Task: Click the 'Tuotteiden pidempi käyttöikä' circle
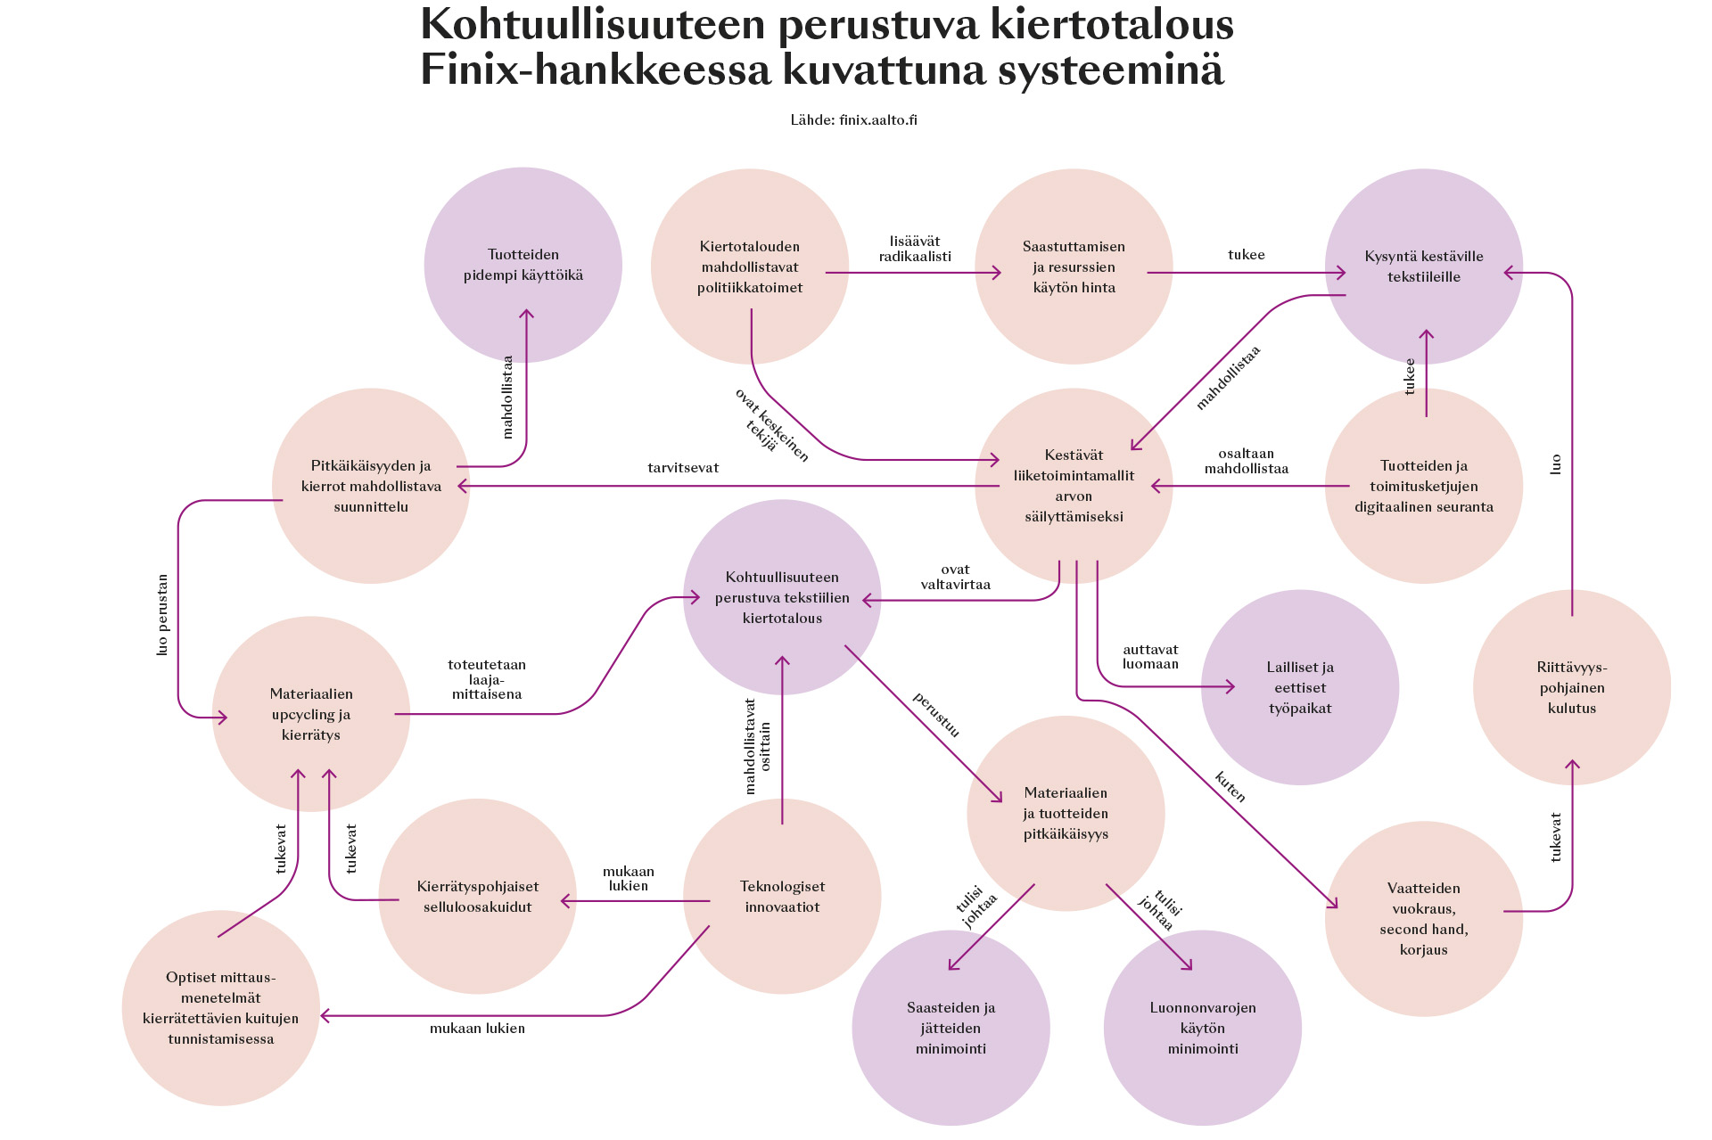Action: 523,265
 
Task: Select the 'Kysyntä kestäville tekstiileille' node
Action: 1423,267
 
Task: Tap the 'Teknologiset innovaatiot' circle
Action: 782,897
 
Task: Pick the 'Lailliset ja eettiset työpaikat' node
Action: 1299,687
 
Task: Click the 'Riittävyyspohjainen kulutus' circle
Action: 1571,687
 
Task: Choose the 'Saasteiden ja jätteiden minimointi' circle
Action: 951,1028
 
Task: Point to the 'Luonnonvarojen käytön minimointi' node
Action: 1202,1028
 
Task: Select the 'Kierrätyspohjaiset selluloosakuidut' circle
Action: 477,897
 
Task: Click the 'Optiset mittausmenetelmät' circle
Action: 221,1008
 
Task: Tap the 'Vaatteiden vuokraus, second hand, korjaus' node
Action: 1423,918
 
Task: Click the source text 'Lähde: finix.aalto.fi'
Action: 853,120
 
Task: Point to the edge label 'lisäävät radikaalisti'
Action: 915,249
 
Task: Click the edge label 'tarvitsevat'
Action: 683,468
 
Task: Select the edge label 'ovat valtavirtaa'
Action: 955,577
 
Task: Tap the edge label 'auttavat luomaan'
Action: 1150,657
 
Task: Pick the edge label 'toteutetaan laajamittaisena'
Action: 487,679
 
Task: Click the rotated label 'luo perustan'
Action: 162,615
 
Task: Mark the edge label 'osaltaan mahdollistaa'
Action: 1246,461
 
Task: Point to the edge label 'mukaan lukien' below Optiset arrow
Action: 477,1029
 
